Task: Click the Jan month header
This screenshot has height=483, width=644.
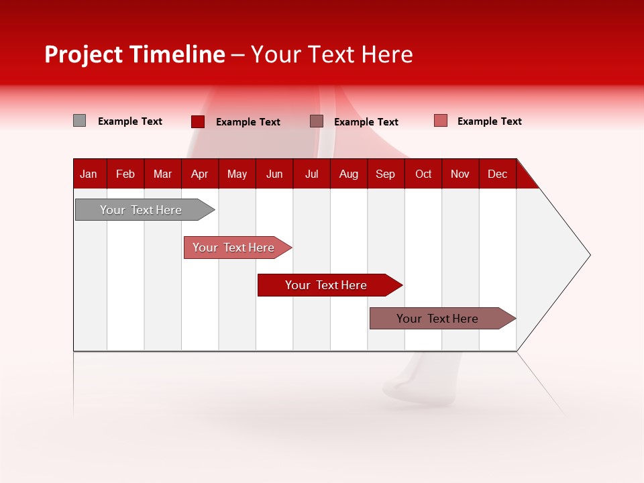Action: pyautogui.click(x=89, y=174)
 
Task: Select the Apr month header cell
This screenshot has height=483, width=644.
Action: pyautogui.click(x=200, y=174)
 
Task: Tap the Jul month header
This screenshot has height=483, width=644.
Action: pyautogui.click(x=311, y=174)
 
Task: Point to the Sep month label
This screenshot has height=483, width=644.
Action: pyautogui.click(x=385, y=174)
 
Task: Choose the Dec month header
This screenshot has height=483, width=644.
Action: pyautogui.click(x=497, y=174)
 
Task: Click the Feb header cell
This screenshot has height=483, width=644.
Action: pyautogui.click(x=125, y=174)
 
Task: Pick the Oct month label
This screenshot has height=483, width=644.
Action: pyautogui.click(x=423, y=174)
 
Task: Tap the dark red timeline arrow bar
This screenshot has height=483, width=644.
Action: pyautogui.click(x=327, y=285)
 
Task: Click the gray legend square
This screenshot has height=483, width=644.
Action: pyautogui.click(x=80, y=121)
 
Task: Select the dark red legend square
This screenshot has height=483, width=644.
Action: pyautogui.click(x=198, y=121)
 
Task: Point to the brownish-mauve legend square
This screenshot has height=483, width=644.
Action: pyautogui.click(x=317, y=121)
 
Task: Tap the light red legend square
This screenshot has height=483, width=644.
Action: pyautogui.click(x=441, y=121)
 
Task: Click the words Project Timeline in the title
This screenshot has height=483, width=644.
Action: pyautogui.click(x=135, y=54)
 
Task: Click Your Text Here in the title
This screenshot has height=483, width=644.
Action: pyautogui.click(x=332, y=54)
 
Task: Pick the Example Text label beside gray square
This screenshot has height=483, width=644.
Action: pyautogui.click(x=130, y=121)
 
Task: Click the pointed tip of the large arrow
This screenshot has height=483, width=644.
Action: pyautogui.click(x=588, y=255)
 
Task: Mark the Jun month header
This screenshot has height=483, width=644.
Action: pyautogui.click(x=274, y=174)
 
